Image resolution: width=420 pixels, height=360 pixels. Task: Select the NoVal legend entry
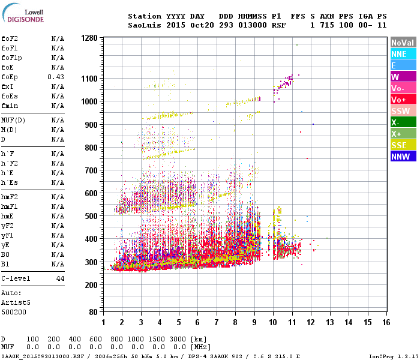point(403,43)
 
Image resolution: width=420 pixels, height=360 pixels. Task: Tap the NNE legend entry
point(403,54)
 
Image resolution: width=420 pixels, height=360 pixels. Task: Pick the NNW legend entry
point(403,157)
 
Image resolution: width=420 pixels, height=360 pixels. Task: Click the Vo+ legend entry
point(403,100)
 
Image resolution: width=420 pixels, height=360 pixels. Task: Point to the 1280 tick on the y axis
point(89,38)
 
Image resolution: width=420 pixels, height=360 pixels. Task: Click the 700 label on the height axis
point(91,170)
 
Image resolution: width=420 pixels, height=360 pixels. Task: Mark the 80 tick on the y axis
point(94,312)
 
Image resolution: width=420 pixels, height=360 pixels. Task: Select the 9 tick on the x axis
point(254,323)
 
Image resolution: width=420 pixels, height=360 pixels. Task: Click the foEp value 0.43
point(56,77)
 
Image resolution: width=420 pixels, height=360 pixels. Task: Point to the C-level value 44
point(60,279)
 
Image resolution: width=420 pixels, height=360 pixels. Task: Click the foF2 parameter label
point(9,39)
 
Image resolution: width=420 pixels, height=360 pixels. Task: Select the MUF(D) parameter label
point(13,121)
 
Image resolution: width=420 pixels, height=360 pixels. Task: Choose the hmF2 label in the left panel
point(9,197)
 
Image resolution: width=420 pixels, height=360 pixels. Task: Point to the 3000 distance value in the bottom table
point(179,340)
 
